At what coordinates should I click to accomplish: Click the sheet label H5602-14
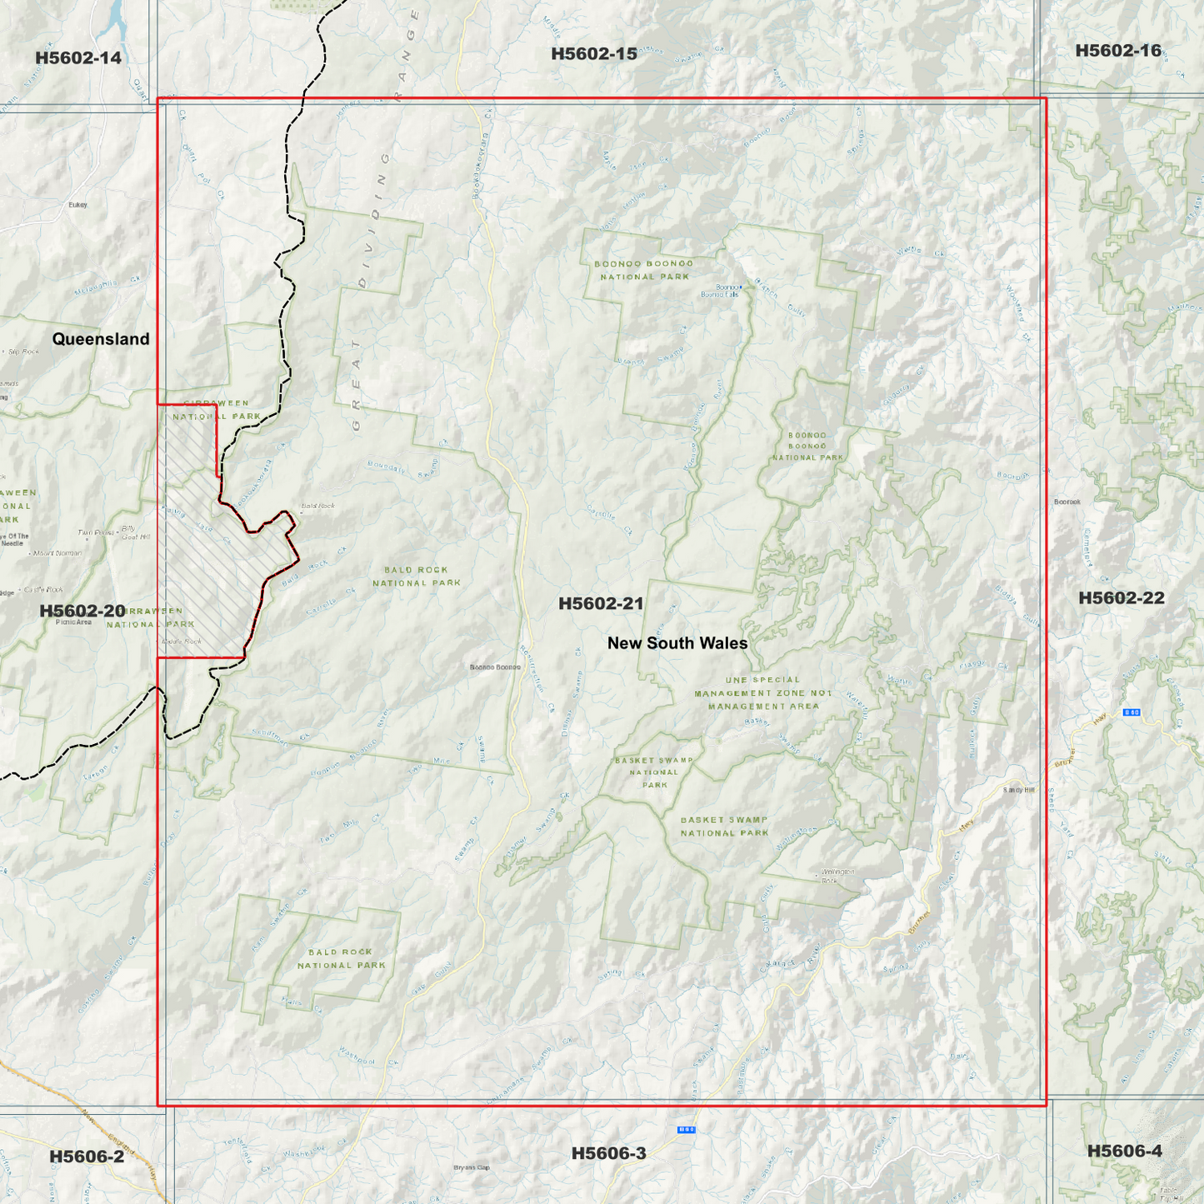coord(77,57)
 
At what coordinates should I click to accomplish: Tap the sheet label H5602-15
coord(593,54)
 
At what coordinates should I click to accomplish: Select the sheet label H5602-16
coord(1117,51)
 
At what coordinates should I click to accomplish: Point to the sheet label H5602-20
coord(82,611)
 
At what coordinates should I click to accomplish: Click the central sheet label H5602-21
coord(601,603)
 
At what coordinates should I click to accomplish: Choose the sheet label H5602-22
coord(1121,597)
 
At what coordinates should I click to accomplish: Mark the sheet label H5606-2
coord(86,1156)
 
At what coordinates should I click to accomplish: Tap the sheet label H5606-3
coord(608,1153)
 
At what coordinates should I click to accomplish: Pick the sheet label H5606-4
coord(1124,1151)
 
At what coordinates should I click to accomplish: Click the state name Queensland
coord(101,339)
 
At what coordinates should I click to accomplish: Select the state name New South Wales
coord(677,643)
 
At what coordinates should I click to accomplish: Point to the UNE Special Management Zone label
coord(763,692)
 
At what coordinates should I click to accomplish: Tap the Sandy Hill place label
coord(1018,790)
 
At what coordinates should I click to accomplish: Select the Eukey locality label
coord(77,204)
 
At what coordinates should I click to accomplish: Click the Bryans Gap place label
coord(471,1167)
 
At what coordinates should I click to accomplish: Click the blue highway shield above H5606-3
coord(686,1130)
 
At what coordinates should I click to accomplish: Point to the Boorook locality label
coord(1067,502)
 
